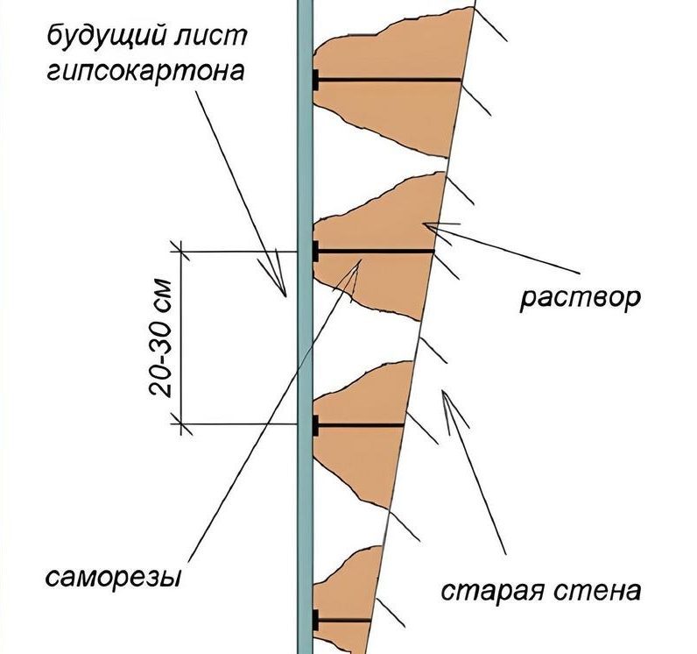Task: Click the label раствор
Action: click(x=581, y=298)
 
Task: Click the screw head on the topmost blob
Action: click(x=315, y=80)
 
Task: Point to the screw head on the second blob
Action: click(x=315, y=252)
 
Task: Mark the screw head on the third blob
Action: click(x=315, y=426)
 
